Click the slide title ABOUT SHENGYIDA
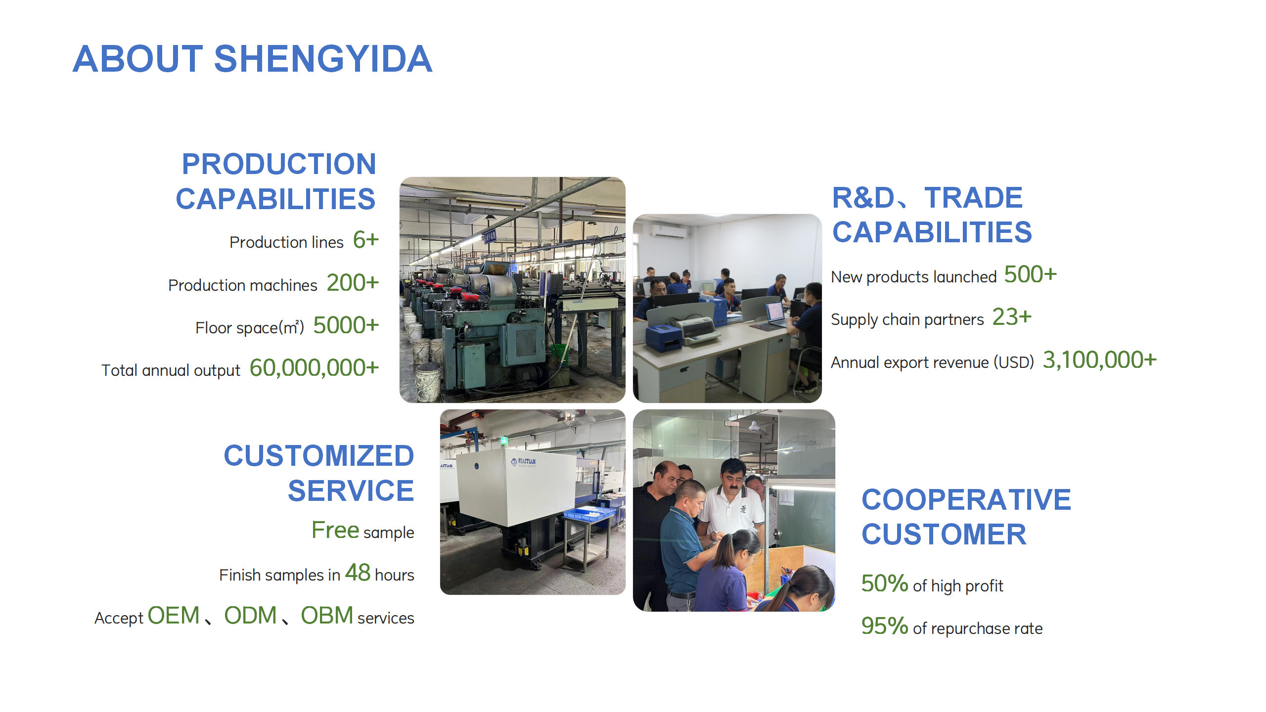[x=252, y=59]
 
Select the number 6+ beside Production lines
[x=366, y=240]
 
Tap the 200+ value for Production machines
[x=353, y=283]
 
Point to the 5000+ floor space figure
[x=346, y=325]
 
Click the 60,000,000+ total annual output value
[x=315, y=368]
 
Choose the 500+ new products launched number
[x=1031, y=274]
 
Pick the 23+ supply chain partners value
[x=1012, y=317]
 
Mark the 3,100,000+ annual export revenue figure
[x=1100, y=360]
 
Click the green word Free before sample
[x=335, y=530]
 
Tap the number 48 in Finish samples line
[x=358, y=573]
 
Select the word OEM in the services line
[x=174, y=616]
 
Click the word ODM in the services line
[x=250, y=616]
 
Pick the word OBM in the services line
[x=327, y=616]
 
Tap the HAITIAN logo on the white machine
[x=523, y=462]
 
